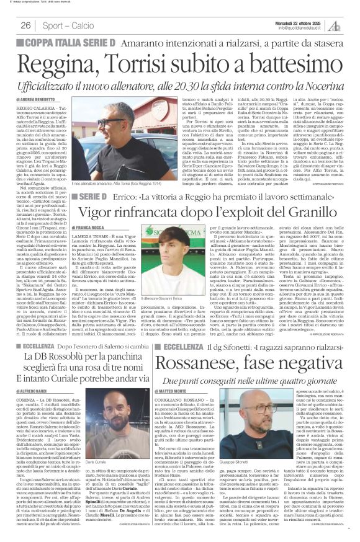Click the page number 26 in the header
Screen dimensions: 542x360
point(25,25)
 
